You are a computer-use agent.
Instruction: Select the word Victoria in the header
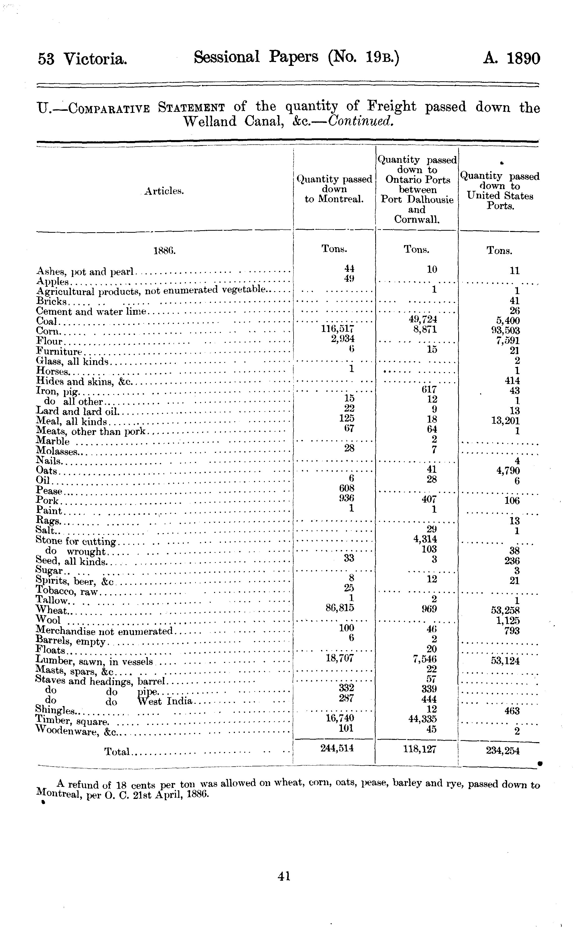[95, 59]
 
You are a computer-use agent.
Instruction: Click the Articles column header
[164, 191]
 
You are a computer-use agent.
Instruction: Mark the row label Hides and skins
[84, 381]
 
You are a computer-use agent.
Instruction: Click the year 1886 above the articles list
[164, 251]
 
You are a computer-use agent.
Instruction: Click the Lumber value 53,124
[505, 661]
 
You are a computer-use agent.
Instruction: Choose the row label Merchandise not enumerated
[104, 631]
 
